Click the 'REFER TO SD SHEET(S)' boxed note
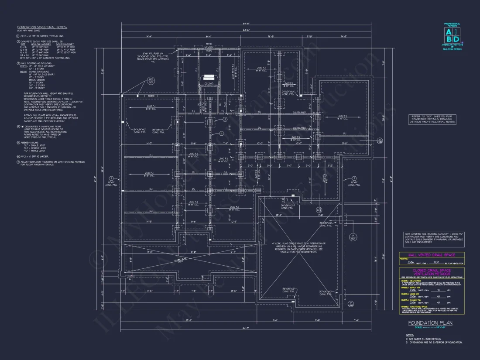432,119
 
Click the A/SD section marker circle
352,237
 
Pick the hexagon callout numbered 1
221,133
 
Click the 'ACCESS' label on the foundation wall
151,96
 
